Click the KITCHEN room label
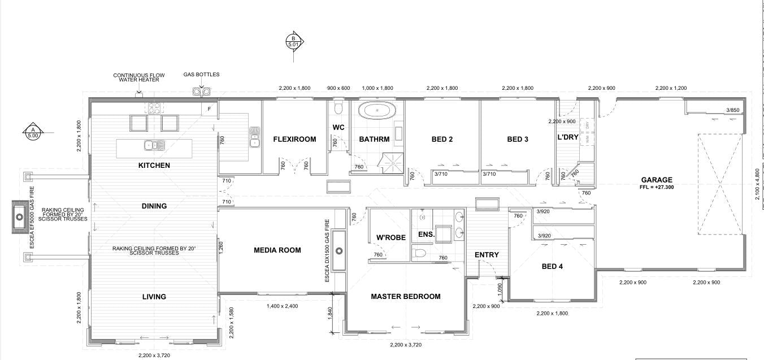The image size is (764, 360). pyautogui.click(x=154, y=166)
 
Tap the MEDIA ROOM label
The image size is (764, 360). pyautogui.click(x=277, y=250)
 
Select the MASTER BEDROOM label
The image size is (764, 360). pyautogui.click(x=405, y=296)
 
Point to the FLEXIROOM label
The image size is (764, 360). pyautogui.click(x=294, y=139)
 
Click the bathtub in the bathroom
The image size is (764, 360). pyautogui.click(x=378, y=111)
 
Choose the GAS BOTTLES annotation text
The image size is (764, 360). pyautogui.click(x=201, y=75)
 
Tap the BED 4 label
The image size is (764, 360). pyautogui.click(x=553, y=266)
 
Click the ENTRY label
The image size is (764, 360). pyautogui.click(x=487, y=255)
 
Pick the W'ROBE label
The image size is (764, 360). pyautogui.click(x=391, y=237)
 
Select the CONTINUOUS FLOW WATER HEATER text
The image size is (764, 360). pyautogui.click(x=136, y=77)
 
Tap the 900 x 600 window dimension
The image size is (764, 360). pyautogui.click(x=339, y=88)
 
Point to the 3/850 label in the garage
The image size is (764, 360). pyautogui.click(x=733, y=110)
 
